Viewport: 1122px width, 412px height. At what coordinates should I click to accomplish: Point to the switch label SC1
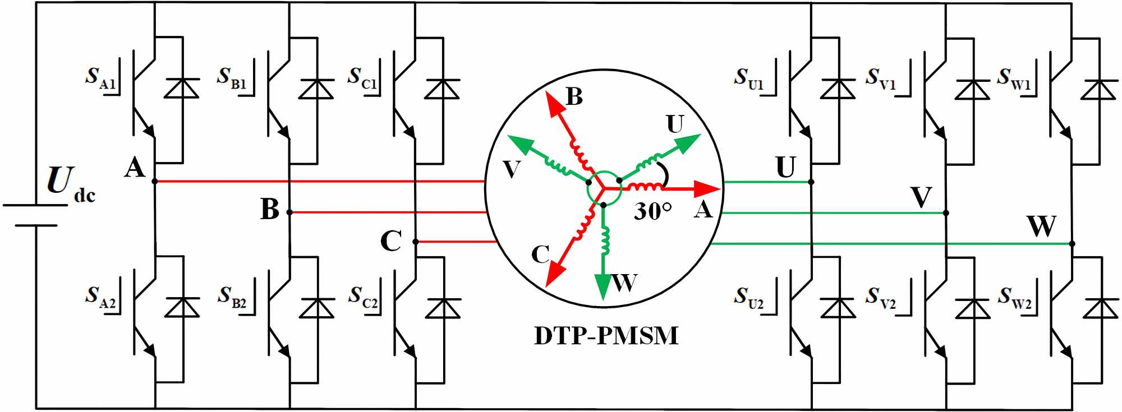[362, 78]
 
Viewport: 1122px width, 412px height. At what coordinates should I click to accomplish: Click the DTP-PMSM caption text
[606, 336]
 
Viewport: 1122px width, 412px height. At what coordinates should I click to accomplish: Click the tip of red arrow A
[719, 189]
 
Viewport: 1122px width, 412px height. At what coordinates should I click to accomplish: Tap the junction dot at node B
[289, 212]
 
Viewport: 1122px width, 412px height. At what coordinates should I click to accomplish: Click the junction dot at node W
[1072, 244]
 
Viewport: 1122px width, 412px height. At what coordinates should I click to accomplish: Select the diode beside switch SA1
[182, 89]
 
